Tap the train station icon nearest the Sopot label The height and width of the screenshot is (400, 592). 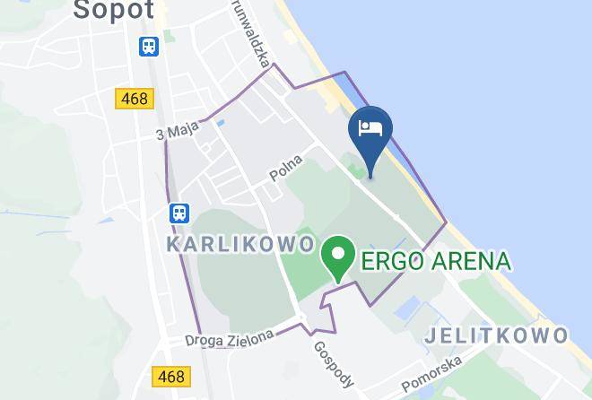[x=149, y=46]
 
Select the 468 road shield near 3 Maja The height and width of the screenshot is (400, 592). [x=134, y=99]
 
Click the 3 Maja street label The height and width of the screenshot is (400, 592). [x=177, y=132]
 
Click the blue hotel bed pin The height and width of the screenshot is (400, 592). [x=370, y=129]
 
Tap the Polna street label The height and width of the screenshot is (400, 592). [x=287, y=169]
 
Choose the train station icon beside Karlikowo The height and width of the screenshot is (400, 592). [x=179, y=213]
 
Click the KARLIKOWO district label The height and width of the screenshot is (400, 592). [x=240, y=244]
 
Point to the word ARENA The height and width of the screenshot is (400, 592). [x=469, y=262]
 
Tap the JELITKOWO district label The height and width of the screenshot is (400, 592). [x=496, y=335]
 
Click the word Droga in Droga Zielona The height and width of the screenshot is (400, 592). [x=205, y=340]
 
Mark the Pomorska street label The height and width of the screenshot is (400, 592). [x=431, y=374]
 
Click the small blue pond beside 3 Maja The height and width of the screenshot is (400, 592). [x=221, y=122]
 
